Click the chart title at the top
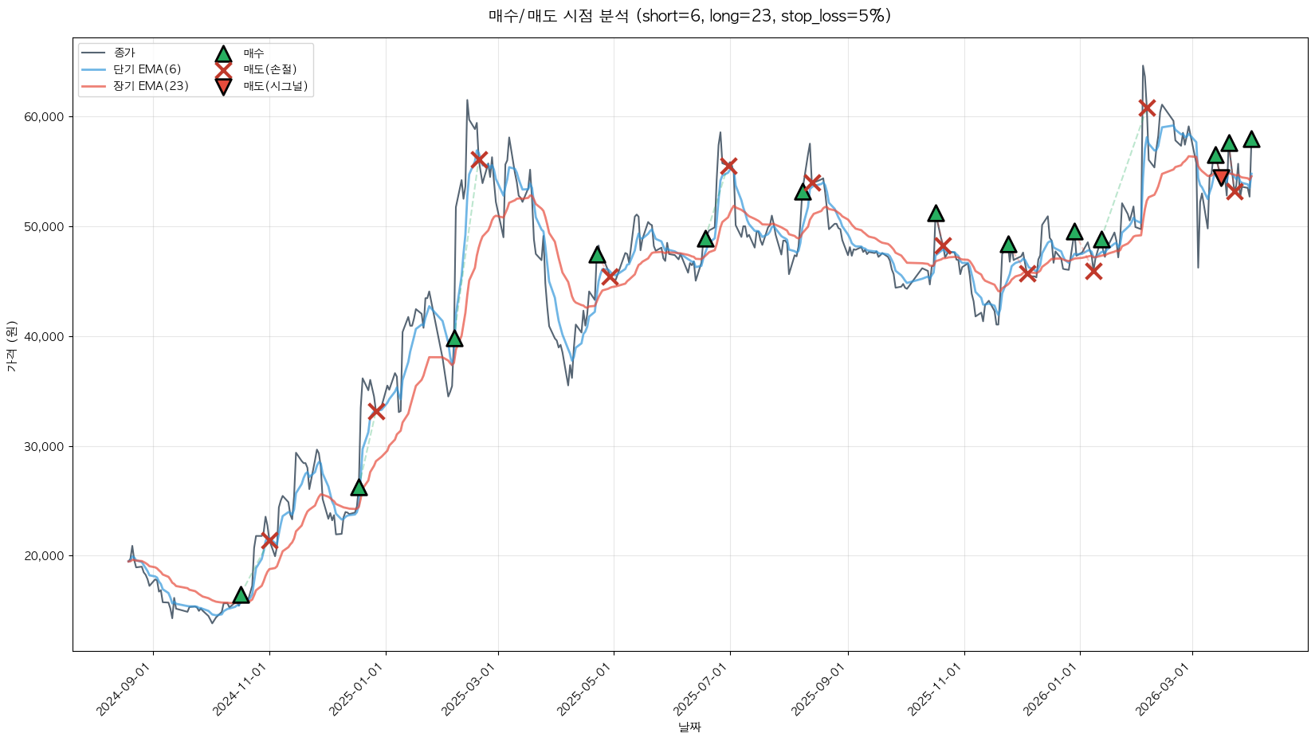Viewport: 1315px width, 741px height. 689,16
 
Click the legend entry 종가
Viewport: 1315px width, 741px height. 124,53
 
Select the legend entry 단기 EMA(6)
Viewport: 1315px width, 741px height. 147,69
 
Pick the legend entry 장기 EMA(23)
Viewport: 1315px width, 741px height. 151,86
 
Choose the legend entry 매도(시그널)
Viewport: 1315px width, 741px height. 275,86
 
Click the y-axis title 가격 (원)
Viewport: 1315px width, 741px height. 12,346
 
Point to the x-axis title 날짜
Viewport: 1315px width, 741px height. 689,727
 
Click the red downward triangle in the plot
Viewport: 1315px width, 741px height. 1221,177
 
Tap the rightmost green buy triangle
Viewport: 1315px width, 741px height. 1251,139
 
